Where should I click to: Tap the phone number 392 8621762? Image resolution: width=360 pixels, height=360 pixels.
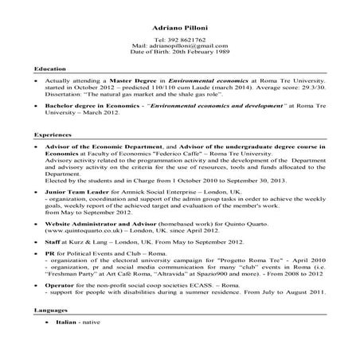coord(185,39)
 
